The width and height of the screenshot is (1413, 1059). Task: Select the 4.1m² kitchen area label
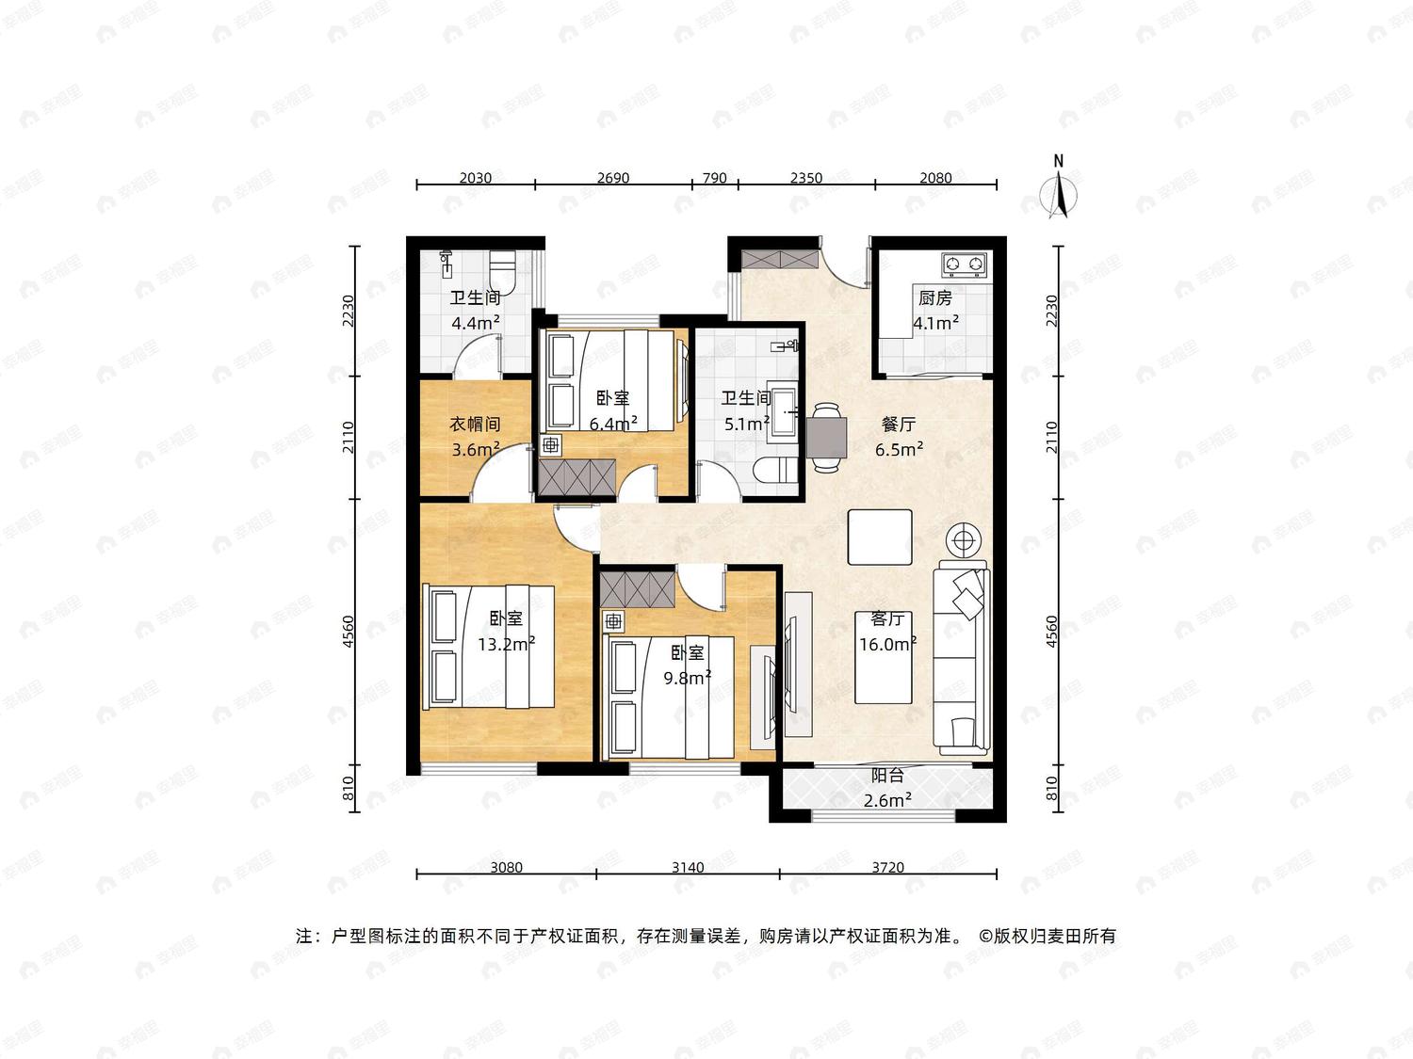tap(936, 322)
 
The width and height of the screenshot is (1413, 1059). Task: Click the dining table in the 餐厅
tap(826, 437)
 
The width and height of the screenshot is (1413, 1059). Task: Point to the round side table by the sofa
tap(963, 540)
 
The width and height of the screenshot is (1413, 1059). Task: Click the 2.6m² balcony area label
tap(887, 800)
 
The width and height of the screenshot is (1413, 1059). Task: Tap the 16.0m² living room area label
tap(887, 644)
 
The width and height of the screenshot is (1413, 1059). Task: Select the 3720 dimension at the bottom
tap(887, 867)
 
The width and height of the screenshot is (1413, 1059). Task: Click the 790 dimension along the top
tap(715, 178)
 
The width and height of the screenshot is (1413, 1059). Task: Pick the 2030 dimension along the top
tap(475, 178)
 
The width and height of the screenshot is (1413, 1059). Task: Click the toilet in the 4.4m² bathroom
tap(503, 271)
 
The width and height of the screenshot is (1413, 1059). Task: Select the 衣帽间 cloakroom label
tap(475, 424)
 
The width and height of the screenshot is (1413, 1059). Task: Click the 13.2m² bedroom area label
tap(507, 644)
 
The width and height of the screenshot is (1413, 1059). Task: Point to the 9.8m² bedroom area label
tap(688, 678)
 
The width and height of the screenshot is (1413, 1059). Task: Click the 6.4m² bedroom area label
tap(613, 424)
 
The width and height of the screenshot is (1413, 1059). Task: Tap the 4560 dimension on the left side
tap(349, 632)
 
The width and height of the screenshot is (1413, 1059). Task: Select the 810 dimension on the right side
tap(1052, 788)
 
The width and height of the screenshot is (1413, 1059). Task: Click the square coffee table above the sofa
tap(879, 537)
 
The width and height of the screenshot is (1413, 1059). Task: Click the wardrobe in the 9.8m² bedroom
tap(638, 589)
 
